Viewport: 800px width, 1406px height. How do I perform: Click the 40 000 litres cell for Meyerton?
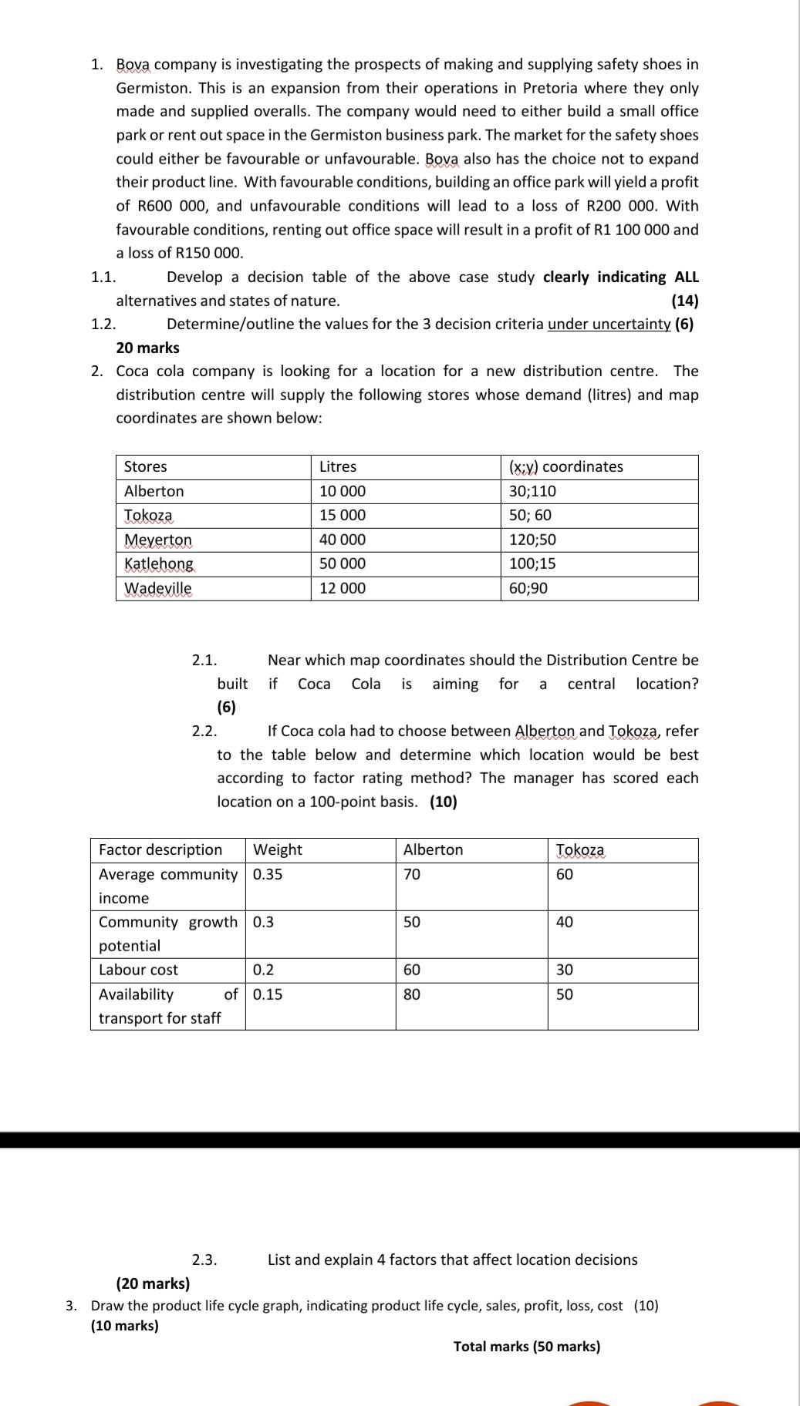tap(343, 540)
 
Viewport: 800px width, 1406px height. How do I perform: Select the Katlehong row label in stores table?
tap(159, 563)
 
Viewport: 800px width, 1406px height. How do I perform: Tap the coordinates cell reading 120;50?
tap(532, 540)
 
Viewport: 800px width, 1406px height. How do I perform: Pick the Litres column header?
tap(338, 466)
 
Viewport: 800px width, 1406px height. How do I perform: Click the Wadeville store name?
tap(158, 588)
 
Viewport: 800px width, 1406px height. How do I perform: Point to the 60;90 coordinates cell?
tap(528, 588)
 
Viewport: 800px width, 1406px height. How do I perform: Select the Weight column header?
tap(278, 849)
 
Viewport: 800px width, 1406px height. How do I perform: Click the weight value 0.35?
tap(268, 874)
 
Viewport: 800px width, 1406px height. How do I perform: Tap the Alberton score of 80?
tap(412, 994)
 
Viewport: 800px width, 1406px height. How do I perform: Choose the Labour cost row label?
tap(138, 970)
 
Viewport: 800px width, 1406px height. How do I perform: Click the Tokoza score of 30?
tap(565, 970)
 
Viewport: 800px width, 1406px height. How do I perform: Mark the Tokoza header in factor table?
tap(581, 849)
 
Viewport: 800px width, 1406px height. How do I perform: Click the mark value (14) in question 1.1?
tap(685, 301)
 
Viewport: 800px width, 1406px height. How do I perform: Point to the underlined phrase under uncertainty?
tap(609, 324)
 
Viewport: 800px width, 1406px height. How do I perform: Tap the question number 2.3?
tap(204, 1260)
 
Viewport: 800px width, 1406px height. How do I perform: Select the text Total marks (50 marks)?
tap(527, 1346)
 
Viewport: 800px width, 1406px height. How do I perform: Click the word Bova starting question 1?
tap(133, 65)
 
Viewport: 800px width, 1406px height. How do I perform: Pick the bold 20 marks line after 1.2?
tap(147, 348)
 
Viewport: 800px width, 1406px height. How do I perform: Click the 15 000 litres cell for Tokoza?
tap(343, 515)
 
